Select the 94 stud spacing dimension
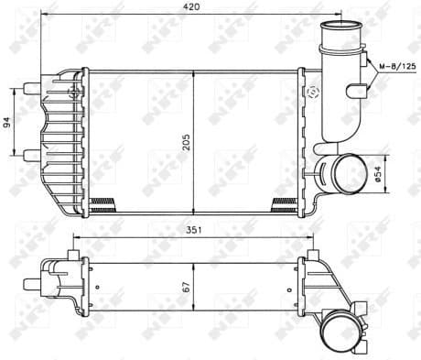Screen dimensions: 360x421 click(7, 122)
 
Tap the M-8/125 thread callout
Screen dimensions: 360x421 click(395, 66)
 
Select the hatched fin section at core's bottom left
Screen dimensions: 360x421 click(102, 202)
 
